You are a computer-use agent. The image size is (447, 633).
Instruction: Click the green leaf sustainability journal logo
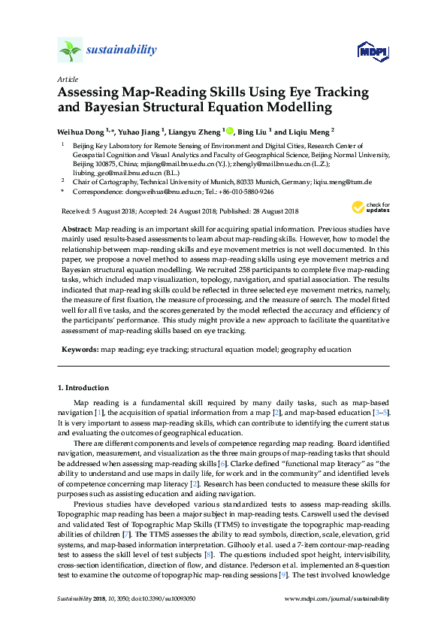[x=70, y=50]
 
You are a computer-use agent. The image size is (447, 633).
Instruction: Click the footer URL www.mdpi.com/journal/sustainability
[x=337, y=599]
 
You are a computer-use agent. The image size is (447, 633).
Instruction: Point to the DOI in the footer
[x=150, y=599]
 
